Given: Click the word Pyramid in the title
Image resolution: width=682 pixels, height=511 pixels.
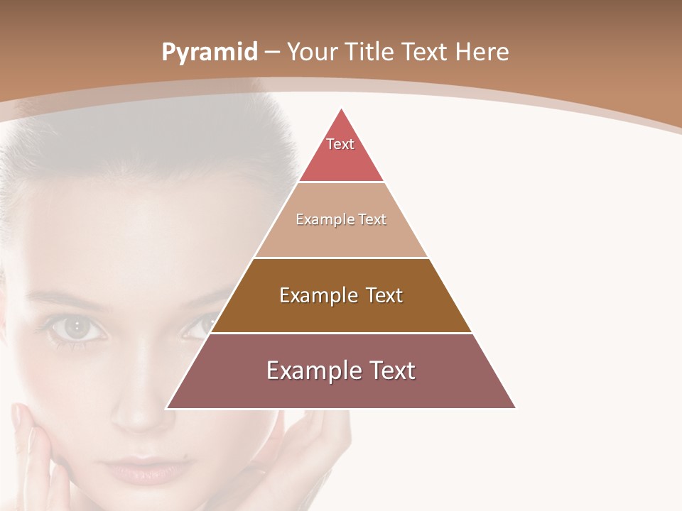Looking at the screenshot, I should pos(209,53).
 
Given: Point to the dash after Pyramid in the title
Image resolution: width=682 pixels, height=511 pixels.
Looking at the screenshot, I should pos(272,53).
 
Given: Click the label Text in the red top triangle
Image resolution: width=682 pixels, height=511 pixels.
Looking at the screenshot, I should pos(340,144).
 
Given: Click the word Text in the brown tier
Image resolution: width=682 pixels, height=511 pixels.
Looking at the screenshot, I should pos(384,295).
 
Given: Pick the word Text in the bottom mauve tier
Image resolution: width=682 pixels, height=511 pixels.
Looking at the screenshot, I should pos(391,370).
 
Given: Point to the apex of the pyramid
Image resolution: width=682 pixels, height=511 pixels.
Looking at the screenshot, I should pos(341,109).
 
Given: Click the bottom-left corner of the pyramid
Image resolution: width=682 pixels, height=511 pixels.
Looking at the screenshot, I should pos(167,408).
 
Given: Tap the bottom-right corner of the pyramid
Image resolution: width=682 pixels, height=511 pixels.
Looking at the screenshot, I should pos(515,408).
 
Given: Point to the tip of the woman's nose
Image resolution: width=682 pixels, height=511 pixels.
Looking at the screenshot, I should pos(139,419).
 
